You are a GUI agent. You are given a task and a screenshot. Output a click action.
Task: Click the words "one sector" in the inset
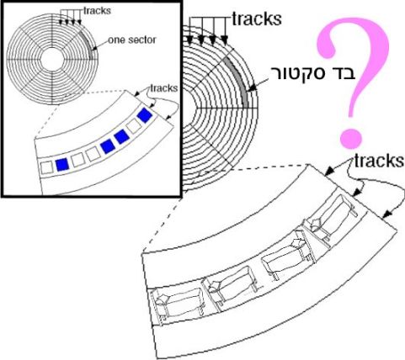pyautogui.click(x=132, y=40)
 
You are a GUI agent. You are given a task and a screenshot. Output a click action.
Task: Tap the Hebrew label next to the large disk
pyautogui.click(x=312, y=74)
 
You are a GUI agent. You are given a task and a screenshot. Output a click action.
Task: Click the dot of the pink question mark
pyautogui.click(x=350, y=139)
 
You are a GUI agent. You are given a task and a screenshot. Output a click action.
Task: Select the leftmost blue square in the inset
pyautogui.click(x=62, y=165)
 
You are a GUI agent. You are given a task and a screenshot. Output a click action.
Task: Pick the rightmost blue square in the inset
pyautogui.click(x=145, y=115)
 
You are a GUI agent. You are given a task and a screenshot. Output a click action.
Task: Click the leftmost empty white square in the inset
pyautogui.click(x=46, y=167)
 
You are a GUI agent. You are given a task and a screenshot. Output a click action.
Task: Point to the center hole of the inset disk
pyautogui.click(x=52, y=60)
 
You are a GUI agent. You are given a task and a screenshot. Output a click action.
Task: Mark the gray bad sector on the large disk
pyautogui.click(x=237, y=82)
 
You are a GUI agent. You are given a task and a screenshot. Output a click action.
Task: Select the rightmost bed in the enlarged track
pyautogui.click(x=331, y=218)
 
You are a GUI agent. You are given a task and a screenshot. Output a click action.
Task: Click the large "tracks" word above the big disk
pyautogui.click(x=257, y=19)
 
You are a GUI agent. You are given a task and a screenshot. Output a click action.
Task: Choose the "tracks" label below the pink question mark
pyautogui.click(x=379, y=161)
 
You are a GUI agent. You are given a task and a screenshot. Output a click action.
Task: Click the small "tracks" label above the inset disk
pyautogui.click(x=97, y=11)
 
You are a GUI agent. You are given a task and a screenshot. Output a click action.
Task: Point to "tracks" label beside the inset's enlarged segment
pyautogui.click(x=164, y=88)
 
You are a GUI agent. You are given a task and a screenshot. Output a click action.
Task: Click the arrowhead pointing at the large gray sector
pyautogui.click(x=253, y=88)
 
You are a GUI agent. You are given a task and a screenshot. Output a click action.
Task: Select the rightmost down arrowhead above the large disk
pyautogui.click(x=224, y=41)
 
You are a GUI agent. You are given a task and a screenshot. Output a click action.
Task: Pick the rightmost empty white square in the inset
pyautogui.click(x=134, y=127)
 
